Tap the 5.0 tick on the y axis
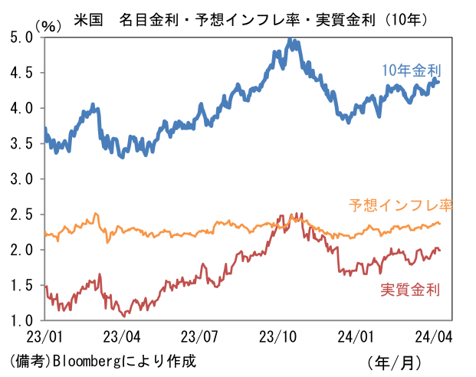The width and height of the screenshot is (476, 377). (22, 37)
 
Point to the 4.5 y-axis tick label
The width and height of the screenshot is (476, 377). (22, 73)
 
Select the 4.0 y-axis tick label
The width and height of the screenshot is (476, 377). (22, 108)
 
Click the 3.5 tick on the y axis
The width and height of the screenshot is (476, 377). (22, 143)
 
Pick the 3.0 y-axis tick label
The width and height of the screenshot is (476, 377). (22, 179)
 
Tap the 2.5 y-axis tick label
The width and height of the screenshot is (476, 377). (22, 214)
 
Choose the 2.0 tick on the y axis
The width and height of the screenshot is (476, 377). (22, 250)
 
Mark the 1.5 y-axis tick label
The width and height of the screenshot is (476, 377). (22, 285)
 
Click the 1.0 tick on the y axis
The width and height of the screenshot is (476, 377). (22, 320)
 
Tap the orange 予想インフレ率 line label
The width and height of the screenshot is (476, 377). (401, 205)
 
